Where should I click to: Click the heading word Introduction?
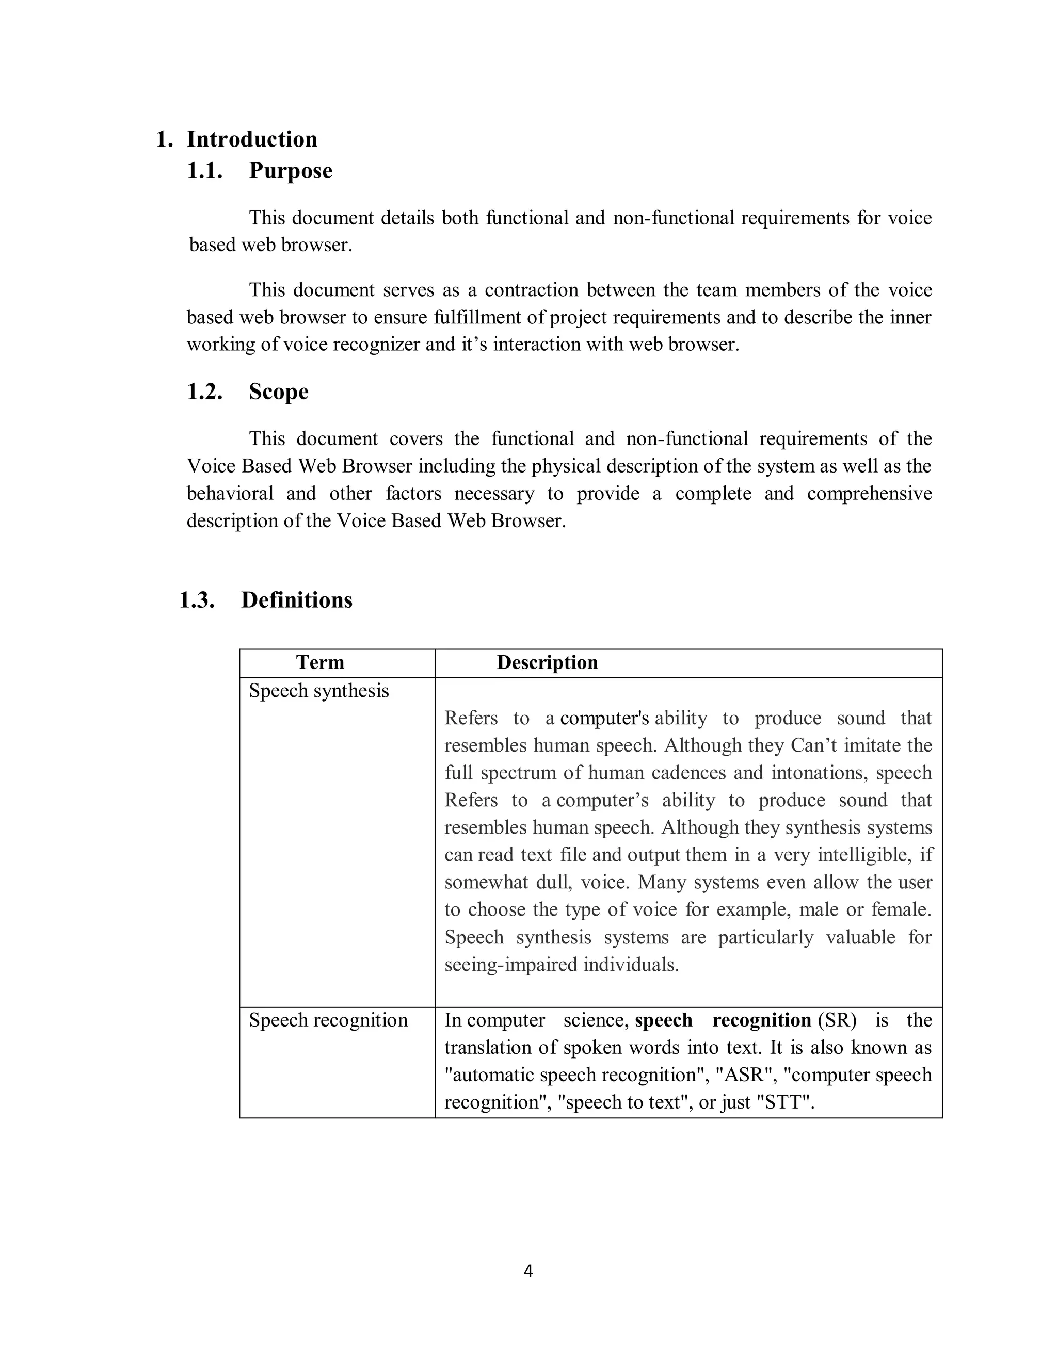(x=252, y=139)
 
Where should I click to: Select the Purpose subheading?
(x=291, y=171)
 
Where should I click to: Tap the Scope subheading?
(x=279, y=392)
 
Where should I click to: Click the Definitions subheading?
(x=297, y=600)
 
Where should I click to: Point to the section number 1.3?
(x=197, y=600)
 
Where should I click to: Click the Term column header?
(x=320, y=663)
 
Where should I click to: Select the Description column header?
(x=547, y=663)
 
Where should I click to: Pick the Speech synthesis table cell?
(x=319, y=691)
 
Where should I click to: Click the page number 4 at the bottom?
(x=528, y=1271)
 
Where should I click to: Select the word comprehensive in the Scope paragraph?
(x=869, y=494)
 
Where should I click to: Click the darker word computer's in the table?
(x=604, y=719)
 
